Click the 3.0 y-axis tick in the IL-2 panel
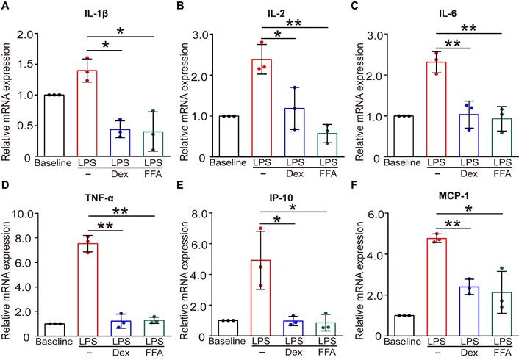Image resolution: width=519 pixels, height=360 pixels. click(201, 35)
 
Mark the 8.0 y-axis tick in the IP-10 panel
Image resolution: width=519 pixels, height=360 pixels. click(201, 214)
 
